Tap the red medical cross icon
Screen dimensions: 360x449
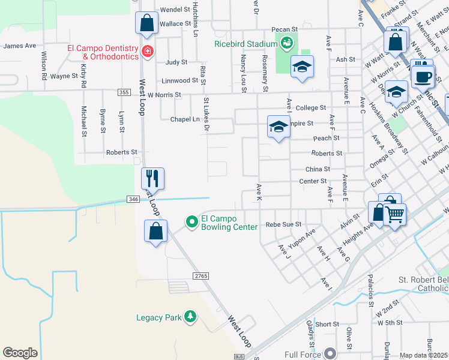[x=148, y=52]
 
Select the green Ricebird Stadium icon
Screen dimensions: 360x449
[x=286, y=43]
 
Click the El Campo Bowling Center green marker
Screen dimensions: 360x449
[x=192, y=222]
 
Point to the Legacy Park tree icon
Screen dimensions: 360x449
[x=190, y=316]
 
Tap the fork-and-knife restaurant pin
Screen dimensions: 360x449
[x=152, y=179]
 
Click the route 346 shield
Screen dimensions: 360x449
[x=133, y=199]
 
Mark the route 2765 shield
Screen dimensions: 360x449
[x=200, y=275]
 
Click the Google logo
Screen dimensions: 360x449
[x=20, y=352]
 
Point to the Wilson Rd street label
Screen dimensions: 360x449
[x=44, y=65]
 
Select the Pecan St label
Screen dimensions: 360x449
[x=285, y=29]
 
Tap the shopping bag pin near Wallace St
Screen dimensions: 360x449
[x=146, y=24]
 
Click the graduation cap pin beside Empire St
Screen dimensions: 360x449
[x=279, y=127]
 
